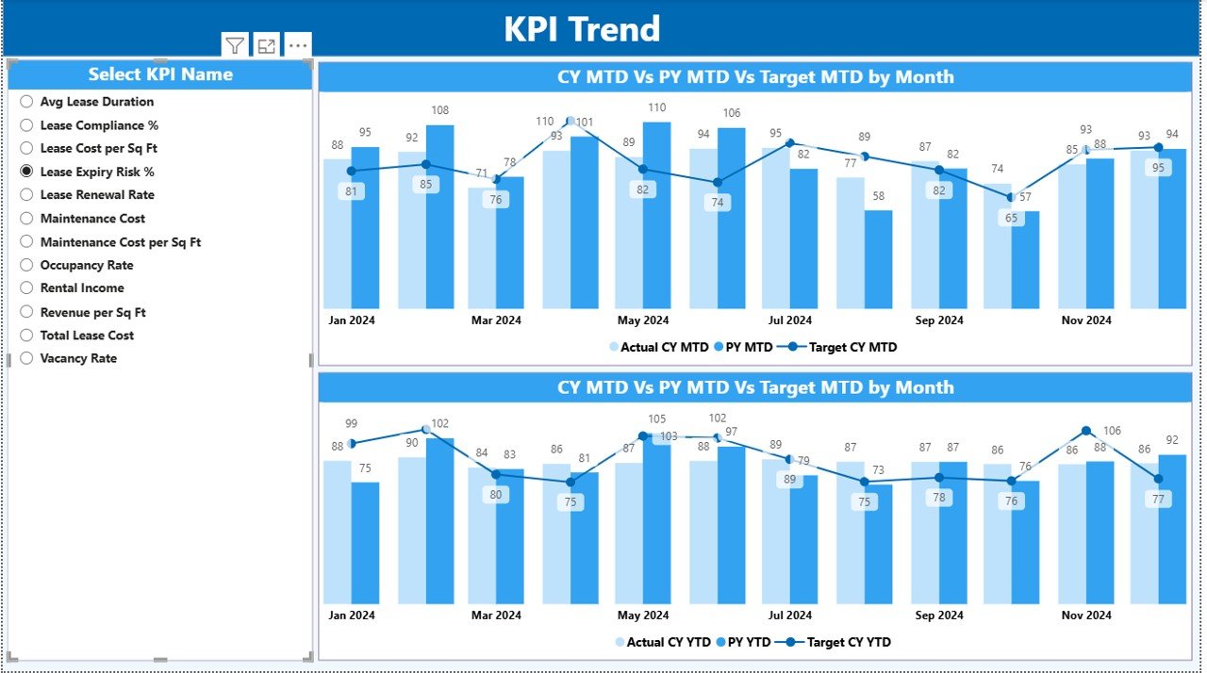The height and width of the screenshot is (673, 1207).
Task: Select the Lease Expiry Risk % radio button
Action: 26,172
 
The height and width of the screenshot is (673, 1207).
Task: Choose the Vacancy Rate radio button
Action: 26,358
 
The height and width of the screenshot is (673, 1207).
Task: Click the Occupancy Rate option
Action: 86,265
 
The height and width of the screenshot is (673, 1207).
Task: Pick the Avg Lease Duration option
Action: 96,102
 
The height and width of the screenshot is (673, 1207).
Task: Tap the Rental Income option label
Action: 82,288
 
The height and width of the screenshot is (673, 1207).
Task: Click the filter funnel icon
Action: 235,45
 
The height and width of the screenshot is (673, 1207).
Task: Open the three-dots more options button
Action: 298,45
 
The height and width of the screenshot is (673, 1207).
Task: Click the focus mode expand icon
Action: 267,45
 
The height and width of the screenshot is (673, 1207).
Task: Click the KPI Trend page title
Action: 582,29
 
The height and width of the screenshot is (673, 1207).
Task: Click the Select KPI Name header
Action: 160,74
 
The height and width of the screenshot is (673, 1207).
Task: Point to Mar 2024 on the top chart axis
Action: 495,320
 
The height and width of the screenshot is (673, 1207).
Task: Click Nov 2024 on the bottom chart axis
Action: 1085,616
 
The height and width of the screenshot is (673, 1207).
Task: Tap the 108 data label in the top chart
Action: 439,110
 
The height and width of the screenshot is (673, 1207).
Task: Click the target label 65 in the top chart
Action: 1011,218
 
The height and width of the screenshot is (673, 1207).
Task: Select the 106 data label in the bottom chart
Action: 1112,431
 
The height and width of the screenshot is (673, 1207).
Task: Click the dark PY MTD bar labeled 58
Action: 878,259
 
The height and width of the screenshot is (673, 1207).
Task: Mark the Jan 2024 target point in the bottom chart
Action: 352,443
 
